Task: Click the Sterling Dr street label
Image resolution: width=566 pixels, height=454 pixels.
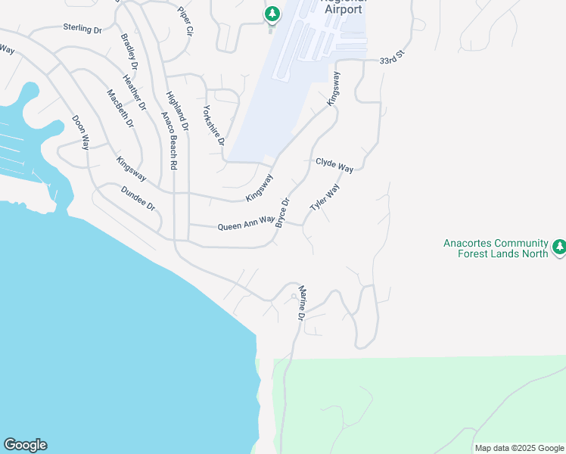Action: click(82, 29)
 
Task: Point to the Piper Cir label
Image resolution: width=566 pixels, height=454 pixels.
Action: click(185, 23)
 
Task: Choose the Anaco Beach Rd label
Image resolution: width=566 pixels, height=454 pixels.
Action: click(169, 140)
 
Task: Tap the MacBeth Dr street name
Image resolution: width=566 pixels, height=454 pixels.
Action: click(120, 108)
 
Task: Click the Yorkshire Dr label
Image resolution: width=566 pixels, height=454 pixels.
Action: click(214, 125)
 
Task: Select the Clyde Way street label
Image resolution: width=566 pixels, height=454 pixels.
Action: click(334, 165)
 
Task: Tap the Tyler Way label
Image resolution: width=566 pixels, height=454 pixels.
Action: click(325, 197)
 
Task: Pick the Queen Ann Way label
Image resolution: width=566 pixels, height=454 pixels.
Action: click(246, 223)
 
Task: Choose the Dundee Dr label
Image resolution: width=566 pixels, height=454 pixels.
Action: click(138, 201)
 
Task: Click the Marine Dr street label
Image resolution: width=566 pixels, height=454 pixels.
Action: click(301, 303)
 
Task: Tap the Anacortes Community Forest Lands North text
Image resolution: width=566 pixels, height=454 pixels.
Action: click(496, 248)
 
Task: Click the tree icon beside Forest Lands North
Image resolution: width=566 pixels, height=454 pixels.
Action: click(559, 247)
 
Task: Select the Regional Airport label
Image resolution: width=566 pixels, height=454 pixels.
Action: click(344, 8)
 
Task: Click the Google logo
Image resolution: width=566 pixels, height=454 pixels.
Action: click(25, 445)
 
